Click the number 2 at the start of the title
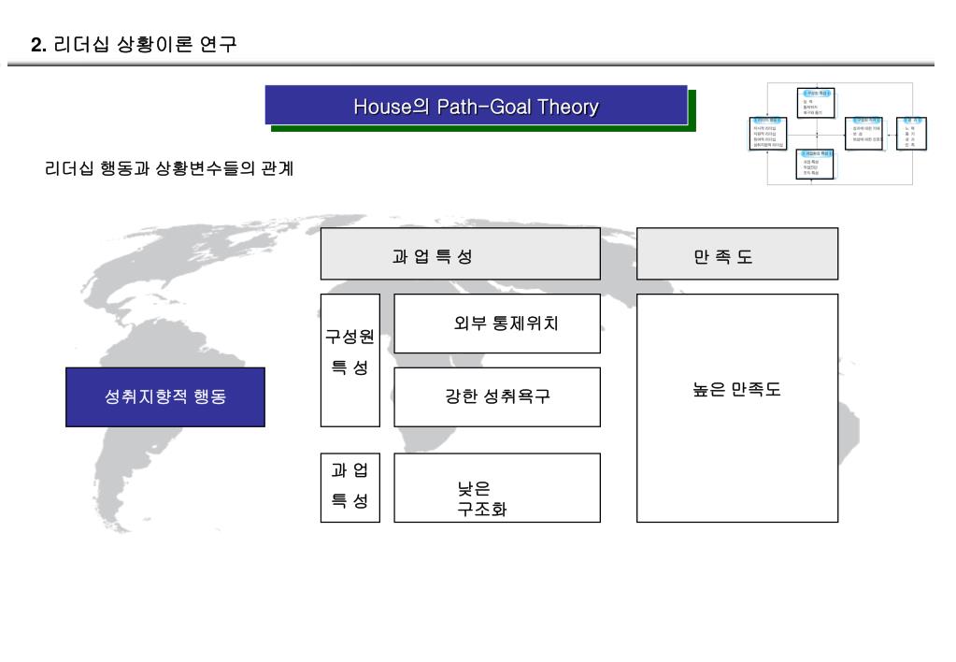36,44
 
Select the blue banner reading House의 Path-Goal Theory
476,106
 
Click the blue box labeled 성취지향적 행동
165,396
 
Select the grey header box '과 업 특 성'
460,253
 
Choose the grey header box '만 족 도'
736,253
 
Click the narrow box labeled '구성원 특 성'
350,360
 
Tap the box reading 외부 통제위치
497,324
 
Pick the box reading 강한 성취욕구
497,396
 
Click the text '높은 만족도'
736,390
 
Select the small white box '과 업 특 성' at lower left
350,487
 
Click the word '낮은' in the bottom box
474,487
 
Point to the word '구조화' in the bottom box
482,510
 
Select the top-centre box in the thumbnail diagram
816,101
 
